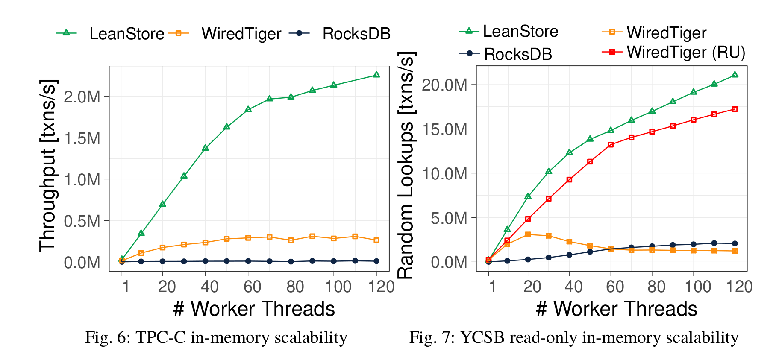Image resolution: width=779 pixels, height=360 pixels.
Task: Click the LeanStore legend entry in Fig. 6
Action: (x=126, y=34)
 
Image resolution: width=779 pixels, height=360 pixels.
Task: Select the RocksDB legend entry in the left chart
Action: (x=356, y=34)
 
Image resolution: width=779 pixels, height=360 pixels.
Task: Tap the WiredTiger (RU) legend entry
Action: (x=685, y=52)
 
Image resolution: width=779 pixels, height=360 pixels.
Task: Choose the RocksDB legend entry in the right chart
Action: (x=517, y=54)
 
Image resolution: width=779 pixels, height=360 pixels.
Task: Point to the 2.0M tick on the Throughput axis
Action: (x=82, y=97)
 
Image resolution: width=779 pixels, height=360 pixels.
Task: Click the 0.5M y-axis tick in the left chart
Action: (x=82, y=221)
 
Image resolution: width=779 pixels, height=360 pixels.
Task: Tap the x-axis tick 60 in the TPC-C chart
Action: (x=252, y=287)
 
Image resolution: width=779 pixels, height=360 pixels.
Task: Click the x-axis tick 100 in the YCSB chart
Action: (x=698, y=287)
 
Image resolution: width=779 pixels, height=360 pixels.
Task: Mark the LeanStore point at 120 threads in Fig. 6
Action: (x=376, y=75)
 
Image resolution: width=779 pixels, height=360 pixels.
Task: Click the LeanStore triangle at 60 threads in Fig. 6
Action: (x=248, y=110)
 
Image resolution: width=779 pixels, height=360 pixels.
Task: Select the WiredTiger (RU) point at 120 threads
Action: (x=735, y=109)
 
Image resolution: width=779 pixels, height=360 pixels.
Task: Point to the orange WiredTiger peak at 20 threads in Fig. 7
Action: (x=528, y=234)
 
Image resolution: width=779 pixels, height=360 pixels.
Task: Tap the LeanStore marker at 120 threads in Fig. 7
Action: (x=735, y=75)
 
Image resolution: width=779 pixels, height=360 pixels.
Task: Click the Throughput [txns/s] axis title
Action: (x=48, y=165)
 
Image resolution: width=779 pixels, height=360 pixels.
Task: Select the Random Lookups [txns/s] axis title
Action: (x=406, y=165)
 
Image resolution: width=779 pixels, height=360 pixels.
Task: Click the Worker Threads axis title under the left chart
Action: (x=254, y=309)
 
